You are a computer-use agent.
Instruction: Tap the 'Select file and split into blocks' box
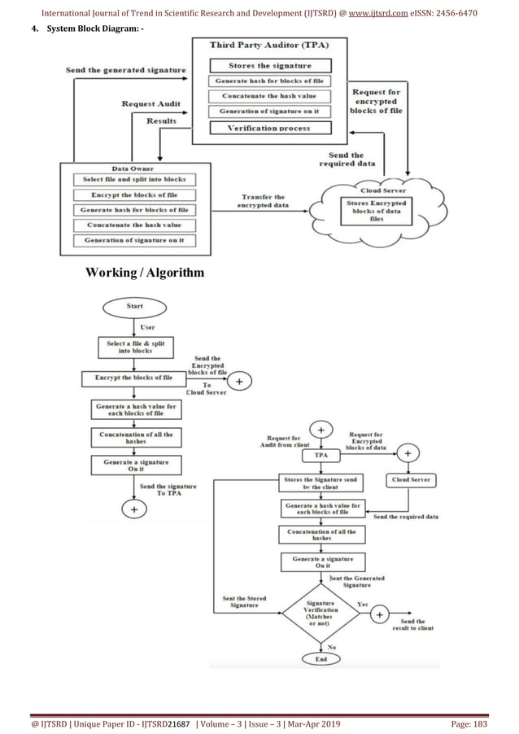pos(134,179)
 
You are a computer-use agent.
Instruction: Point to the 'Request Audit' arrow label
pos(150,103)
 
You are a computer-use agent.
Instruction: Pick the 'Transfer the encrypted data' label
pos(263,202)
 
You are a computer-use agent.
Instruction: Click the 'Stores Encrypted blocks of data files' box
pos(377,210)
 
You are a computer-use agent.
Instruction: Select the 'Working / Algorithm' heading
pos(145,272)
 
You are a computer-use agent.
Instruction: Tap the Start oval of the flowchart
pos(134,308)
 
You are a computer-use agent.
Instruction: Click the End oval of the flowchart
pos(321,658)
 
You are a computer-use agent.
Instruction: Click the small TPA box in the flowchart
pos(321,456)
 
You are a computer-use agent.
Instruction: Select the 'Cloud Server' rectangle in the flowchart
pos(411,480)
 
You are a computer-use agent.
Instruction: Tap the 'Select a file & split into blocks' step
pos(135,347)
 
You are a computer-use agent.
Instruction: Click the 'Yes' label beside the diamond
pos(363,605)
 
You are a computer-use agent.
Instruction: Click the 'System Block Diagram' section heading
pos(81,30)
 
